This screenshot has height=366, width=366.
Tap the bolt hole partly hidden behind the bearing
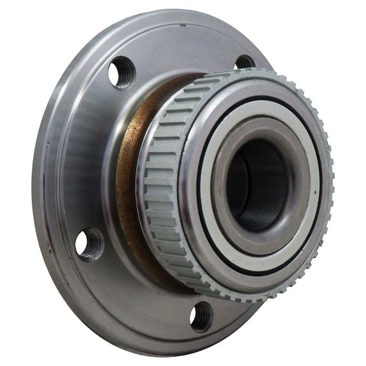pos(246,62)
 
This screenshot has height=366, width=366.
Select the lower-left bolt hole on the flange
pos(90,244)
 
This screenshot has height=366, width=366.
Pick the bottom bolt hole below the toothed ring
pos(202,316)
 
